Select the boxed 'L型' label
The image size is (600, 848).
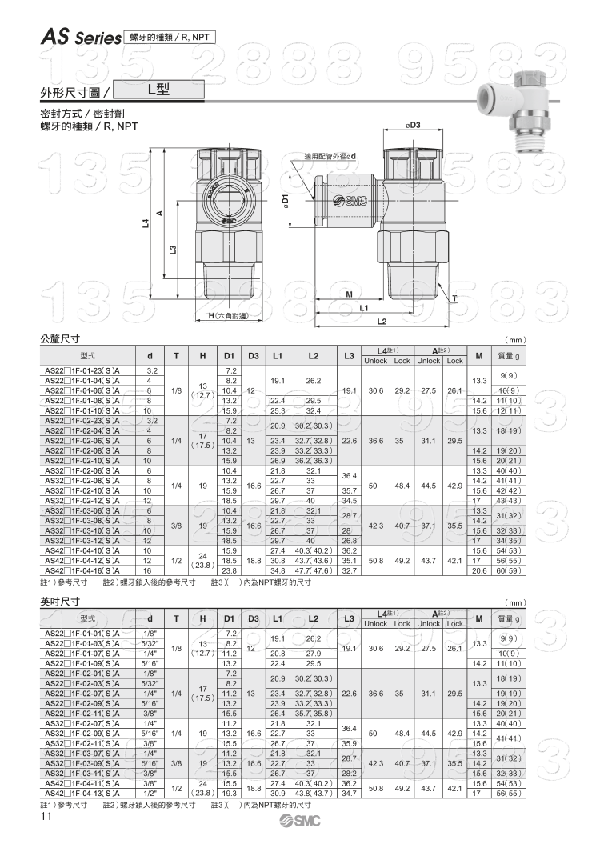(x=164, y=90)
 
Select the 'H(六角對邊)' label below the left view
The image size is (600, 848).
(x=228, y=316)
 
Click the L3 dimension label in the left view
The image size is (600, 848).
(x=173, y=250)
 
